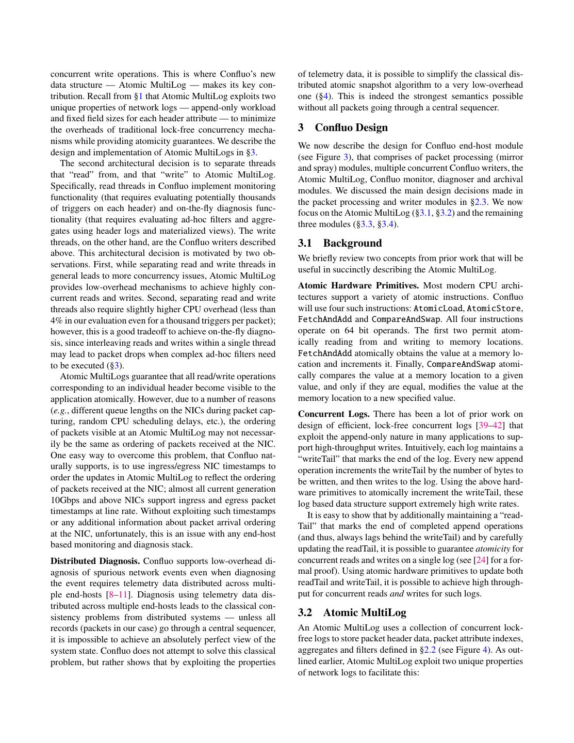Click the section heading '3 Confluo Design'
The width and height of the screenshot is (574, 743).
coord(342,127)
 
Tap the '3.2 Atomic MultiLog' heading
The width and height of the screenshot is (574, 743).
coord(352,612)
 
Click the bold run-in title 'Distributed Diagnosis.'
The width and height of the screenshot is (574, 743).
coord(95,561)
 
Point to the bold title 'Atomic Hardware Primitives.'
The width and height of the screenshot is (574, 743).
coord(358,286)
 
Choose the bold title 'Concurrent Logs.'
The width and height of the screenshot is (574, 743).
coord(334,414)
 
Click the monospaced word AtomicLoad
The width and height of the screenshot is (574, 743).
coord(438,308)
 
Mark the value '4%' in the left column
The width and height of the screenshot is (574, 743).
coord(56,320)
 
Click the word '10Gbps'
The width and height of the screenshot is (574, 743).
coord(64,500)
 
